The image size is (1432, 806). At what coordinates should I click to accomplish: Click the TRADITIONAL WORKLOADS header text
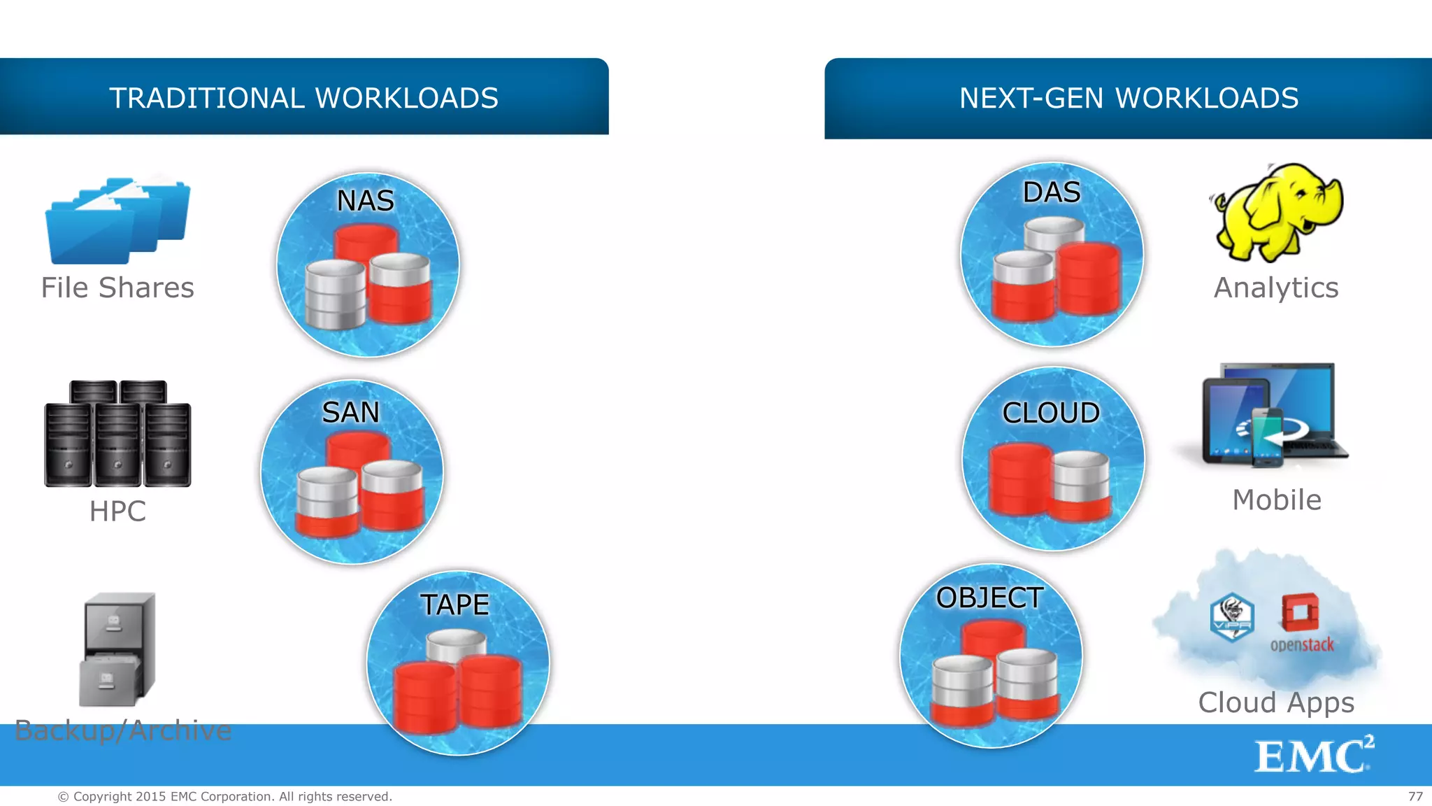303,98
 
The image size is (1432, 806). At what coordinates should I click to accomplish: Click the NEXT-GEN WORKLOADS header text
1129,98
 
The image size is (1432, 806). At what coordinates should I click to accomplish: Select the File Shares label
117,288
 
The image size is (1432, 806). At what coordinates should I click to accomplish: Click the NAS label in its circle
366,201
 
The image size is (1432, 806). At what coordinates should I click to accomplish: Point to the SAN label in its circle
350,412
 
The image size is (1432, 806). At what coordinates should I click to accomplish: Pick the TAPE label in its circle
454,604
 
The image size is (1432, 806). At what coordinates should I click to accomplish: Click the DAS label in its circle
1052,192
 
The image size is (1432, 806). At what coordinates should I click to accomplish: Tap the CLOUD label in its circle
1051,413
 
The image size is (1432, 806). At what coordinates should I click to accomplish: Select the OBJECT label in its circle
989,598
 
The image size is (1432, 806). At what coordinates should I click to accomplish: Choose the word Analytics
1276,288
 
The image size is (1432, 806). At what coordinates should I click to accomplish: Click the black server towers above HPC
117,434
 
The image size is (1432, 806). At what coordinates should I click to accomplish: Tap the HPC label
117,511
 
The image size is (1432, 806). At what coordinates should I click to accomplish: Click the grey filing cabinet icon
117,649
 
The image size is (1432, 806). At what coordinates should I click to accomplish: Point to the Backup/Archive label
123,730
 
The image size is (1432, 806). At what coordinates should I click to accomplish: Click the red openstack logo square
1301,612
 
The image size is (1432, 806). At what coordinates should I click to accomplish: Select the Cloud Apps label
1276,702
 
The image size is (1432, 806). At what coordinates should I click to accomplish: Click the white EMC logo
1313,756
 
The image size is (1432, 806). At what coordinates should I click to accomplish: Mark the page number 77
1415,796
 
